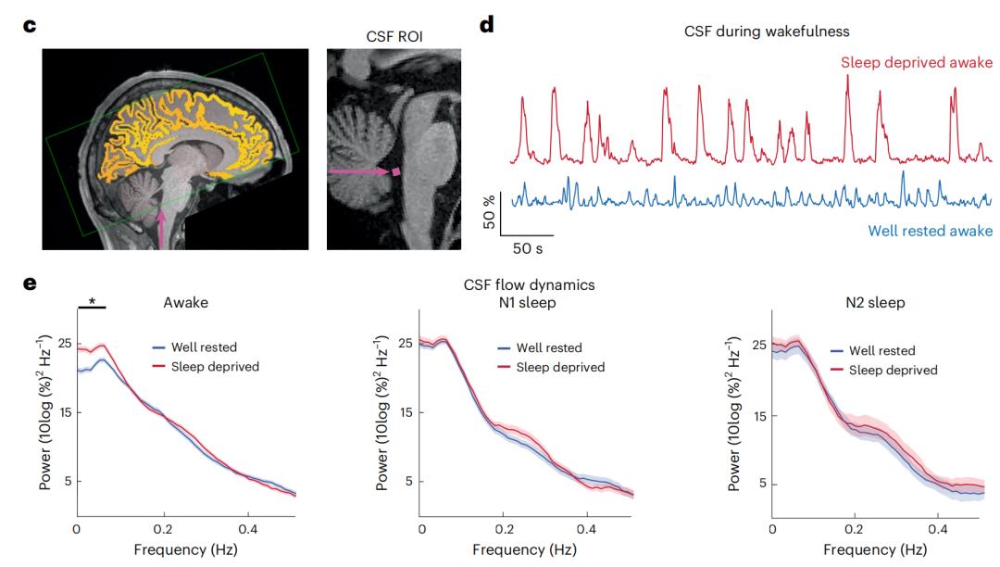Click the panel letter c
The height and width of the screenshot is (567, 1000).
point(31,25)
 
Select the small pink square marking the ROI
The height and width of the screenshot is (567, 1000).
point(396,171)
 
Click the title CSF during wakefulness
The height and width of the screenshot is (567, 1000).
point(766,31)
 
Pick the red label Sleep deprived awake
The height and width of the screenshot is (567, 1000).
point(916,63)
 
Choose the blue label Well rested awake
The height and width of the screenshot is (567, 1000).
point(929,231)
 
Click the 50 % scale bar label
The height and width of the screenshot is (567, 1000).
point(490,212)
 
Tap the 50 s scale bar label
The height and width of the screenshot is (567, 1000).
point(530,249)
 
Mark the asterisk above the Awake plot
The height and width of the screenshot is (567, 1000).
point(92,302)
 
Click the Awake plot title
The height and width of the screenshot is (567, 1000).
point(186,302)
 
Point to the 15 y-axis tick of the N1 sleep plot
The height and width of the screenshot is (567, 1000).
point(406,412)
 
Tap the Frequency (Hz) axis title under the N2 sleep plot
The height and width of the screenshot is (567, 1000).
point(873,549)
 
